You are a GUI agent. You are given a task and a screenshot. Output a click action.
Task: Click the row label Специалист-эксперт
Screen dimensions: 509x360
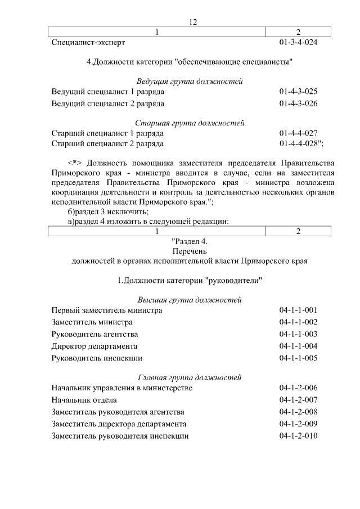pos(88,42)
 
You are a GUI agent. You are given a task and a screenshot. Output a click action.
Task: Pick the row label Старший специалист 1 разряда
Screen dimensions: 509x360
pos(107,133)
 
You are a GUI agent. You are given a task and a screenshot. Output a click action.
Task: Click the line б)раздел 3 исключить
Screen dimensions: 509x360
pos(107,211)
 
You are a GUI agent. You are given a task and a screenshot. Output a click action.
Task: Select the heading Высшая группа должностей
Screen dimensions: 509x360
pos(190,300)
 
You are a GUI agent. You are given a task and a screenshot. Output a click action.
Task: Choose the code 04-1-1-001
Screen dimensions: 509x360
pos(299,310)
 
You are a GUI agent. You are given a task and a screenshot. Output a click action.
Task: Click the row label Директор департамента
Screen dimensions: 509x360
pos(94,346)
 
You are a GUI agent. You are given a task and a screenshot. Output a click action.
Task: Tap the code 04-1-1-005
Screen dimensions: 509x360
pos(299,358)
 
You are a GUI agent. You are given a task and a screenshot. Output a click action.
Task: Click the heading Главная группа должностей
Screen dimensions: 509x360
pos(190,377)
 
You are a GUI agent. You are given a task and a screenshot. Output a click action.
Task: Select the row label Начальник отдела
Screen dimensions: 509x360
pos(84,400)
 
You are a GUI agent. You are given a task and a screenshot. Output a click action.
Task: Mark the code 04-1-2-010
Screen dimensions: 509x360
pos(299,436)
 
